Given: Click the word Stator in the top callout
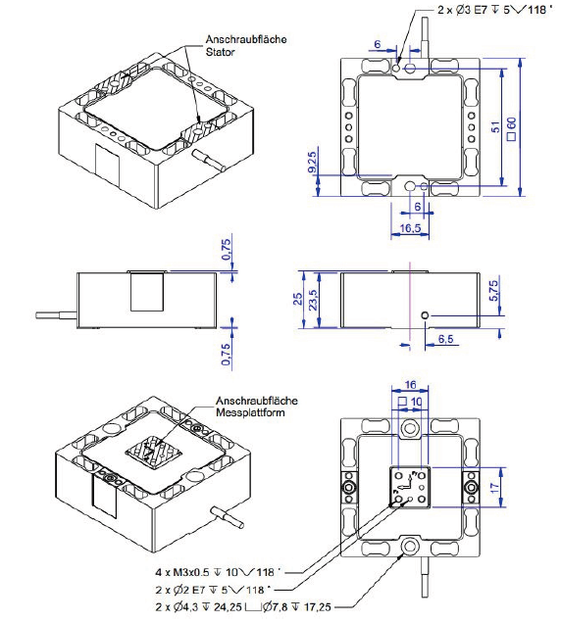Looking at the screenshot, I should pyautogui.click(x=222, y=54).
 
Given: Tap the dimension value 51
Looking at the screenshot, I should pyautogui.click(x=496, y=125).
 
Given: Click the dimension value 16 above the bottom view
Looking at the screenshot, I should pyautogui.click(x=410, y=386).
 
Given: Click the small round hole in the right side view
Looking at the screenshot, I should pyautogui.click(x=424, y=315).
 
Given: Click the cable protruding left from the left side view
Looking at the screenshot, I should pyautogui.click(x=57, y=314).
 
